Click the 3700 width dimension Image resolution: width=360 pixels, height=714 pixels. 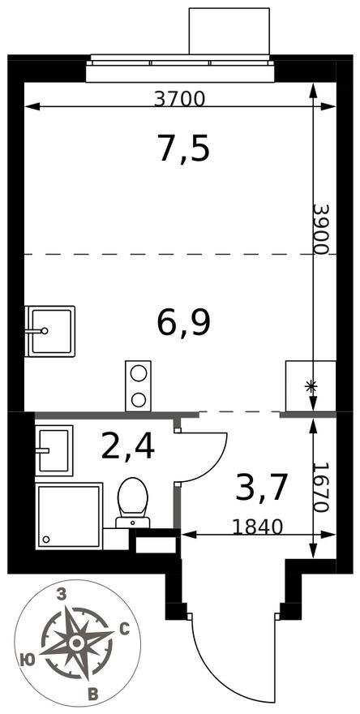180,99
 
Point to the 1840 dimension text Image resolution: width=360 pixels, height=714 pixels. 257,527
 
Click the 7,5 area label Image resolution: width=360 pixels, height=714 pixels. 183,149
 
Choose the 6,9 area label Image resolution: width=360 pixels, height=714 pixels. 184,322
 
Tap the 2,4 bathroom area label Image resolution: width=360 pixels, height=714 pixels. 127,445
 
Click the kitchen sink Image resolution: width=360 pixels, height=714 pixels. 50,331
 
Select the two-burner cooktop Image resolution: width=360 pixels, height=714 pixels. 139,385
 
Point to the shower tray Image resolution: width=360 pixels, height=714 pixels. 69,515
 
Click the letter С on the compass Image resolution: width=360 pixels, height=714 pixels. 123,628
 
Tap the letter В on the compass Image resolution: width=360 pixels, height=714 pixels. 93,694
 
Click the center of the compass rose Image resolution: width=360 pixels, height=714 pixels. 76,643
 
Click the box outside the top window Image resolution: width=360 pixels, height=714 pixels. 229,31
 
